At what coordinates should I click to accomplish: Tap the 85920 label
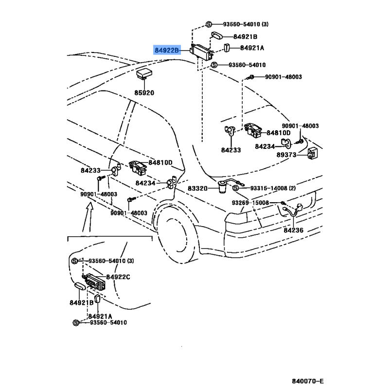pyautogui.click(x=144, y=92)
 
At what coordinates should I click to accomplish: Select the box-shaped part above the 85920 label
pyautogui.click(x=144, y=73)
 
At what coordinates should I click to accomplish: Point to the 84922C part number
pyautogui.click(x=118, y=277)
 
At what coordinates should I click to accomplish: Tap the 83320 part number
pyautogui.click(x=197, y=188)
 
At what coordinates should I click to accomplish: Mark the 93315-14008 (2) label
pyautogui.click(x=273, y=188)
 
